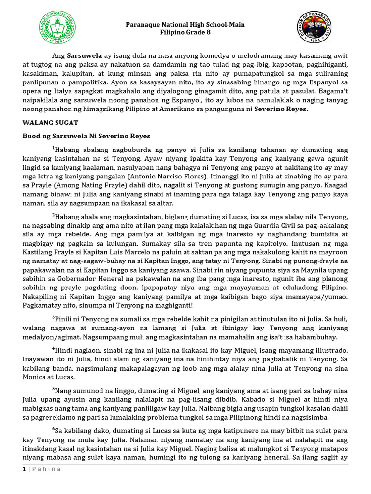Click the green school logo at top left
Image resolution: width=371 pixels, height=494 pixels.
(57, 29)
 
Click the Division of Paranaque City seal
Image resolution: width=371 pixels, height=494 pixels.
(314, 29)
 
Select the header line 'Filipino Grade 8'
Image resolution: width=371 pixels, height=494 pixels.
(185, 33)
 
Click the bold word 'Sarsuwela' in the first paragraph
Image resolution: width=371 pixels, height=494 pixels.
(82, 55)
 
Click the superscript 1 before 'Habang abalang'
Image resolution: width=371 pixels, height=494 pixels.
(53, 147)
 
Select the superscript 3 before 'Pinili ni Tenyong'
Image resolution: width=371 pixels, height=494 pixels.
(53, 316)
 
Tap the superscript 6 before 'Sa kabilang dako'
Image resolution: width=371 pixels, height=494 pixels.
(53, 428)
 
